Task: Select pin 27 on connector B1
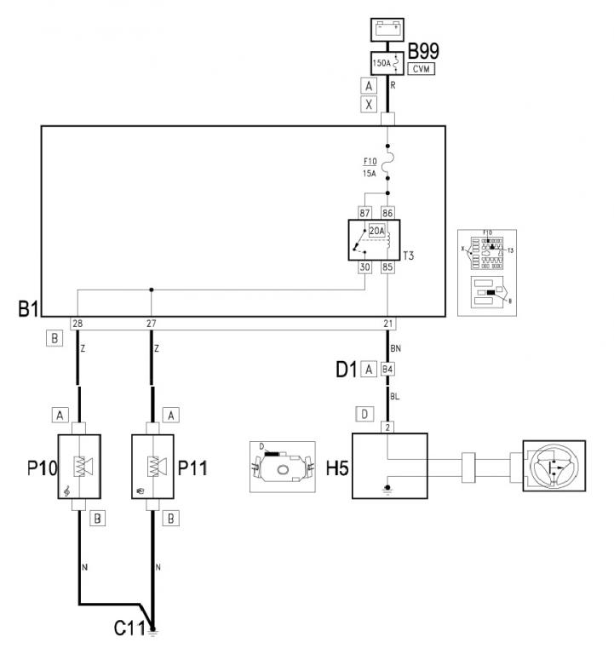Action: tap(151, 324)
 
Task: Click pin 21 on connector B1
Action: tap(387, 324)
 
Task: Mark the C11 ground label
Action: tap(129, 629)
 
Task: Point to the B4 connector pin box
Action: tap(387, 370)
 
